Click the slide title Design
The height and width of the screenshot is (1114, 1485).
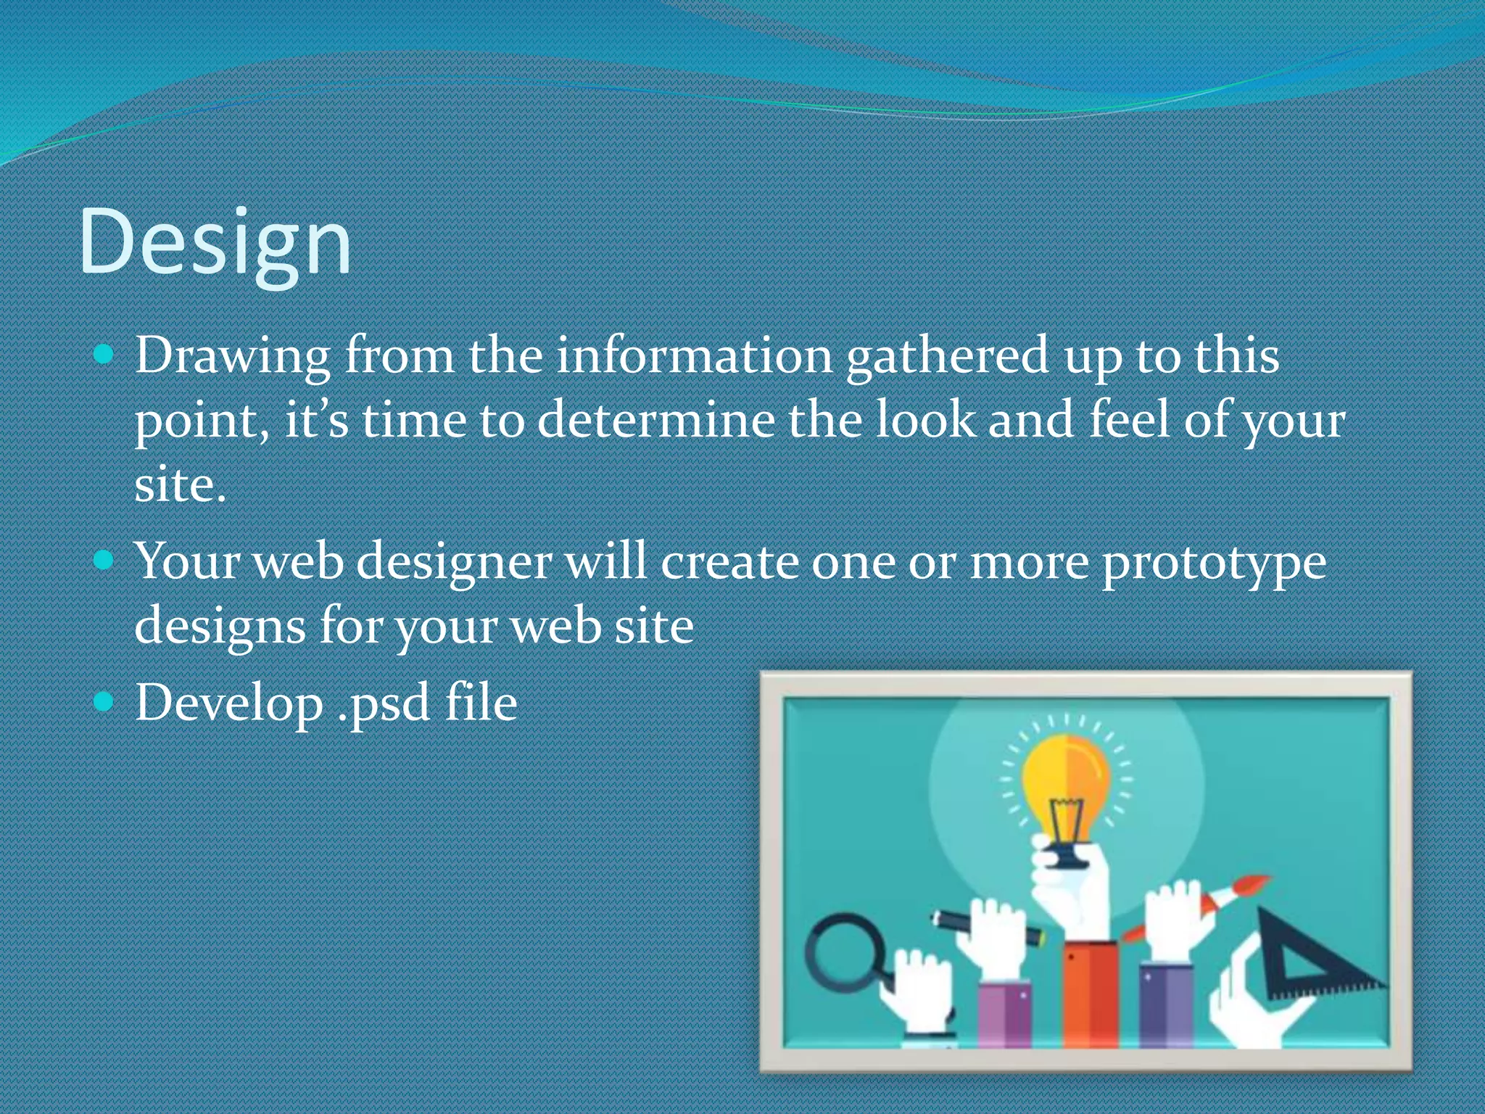tap(215, 243)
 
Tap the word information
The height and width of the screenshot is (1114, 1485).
tap(694, 356)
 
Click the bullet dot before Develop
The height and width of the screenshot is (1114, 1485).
tap(104, 701)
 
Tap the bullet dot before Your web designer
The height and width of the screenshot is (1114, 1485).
tap(104, 559)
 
